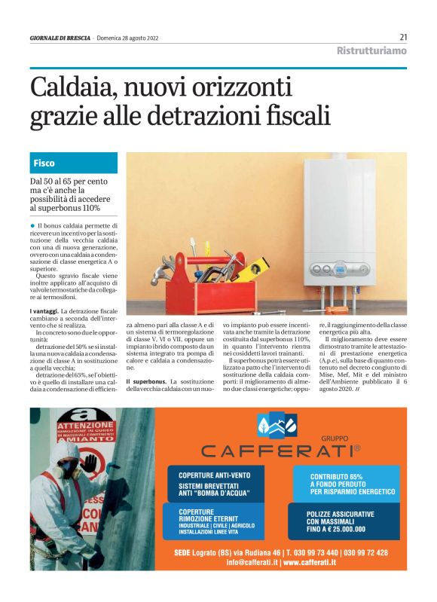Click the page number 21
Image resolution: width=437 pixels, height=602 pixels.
(x=403, y=37)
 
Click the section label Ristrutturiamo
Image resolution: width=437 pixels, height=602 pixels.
(x=371, y=50)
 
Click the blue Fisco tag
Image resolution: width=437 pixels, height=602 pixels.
(x=44, y=163)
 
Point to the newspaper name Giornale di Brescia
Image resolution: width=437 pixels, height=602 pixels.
(x=60, y=38)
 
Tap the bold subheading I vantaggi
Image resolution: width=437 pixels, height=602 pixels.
(x=43, y=311)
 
